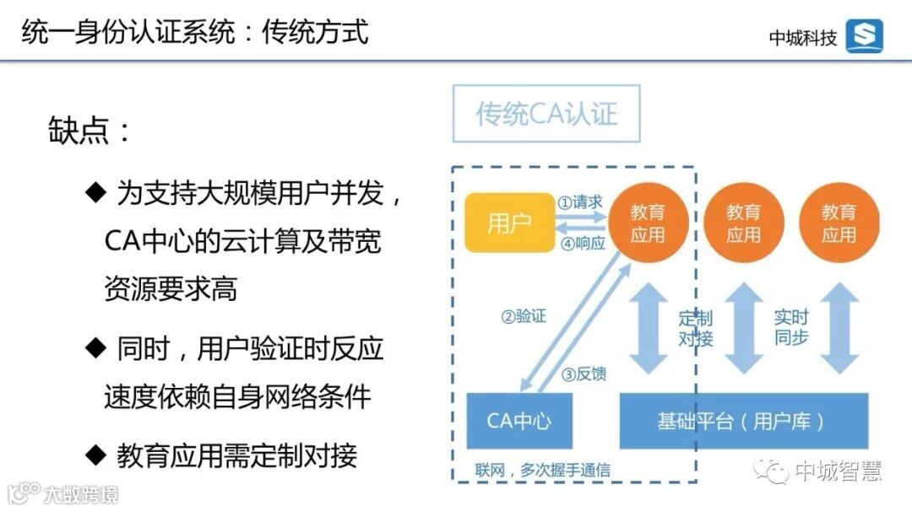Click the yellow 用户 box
508,223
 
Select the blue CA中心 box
518,420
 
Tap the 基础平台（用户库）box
743,420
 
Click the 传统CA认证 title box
546,114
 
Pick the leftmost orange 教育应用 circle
648,223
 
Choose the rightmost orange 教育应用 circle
839,223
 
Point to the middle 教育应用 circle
743,223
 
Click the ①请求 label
580,202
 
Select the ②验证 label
524,317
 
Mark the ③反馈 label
584,374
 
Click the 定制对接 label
696,328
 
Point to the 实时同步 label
791,328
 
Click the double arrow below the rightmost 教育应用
839,329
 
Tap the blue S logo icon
864,36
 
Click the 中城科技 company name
802,37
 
